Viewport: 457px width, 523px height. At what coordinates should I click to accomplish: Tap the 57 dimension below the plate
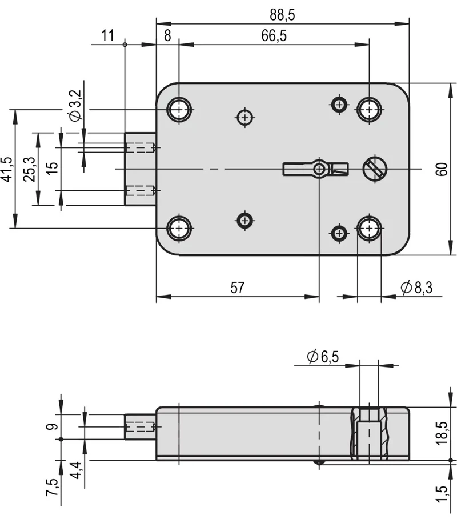pyautogui.click(x=238, y=288)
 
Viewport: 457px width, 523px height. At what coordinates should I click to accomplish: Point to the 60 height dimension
pyautogui.click(x=440, y=169)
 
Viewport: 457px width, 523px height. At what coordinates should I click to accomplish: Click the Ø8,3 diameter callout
pyautogui.click(x=416, y=288)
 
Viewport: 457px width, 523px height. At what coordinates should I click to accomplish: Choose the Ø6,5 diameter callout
pyautogui.click(x=323, y=357)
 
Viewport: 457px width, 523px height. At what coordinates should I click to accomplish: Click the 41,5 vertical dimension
pyautogui.click(x=7, y=169)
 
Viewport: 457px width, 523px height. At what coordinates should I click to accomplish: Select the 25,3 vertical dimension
pyautogui.click(x=30, y=169)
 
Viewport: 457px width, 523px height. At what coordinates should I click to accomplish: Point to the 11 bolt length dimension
pyautogui.click(x=107, y=36)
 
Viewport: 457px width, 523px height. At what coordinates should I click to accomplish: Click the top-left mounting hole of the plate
pyautogui.click(x=179, y=109)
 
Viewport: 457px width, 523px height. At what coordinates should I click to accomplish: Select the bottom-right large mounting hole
pyautogui.click(x=370, y=229)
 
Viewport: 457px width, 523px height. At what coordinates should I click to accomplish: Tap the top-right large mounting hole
pyautogui.click(x=370, y=109)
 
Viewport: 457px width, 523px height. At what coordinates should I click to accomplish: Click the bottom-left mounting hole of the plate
pyautogui.click(x=179, y=229)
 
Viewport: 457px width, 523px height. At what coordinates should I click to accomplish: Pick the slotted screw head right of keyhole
pyautogui.click(x=375, y=168)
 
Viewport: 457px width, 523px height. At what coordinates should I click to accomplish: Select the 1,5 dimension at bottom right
pyautogui.click(x=440, y=493)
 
